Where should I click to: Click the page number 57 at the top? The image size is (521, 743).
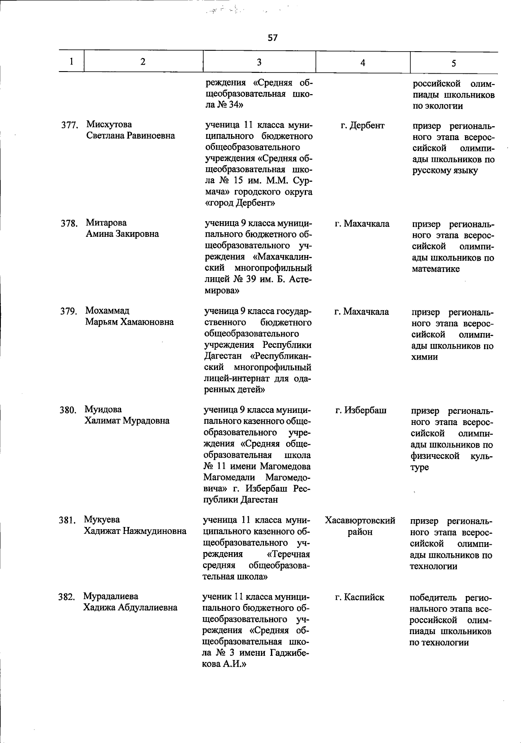click(x=272, y=38)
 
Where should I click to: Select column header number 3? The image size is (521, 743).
click(x=259, y=62)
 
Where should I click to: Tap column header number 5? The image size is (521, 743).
click(x=453, y=63)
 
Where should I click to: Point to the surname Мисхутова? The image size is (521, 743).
click(x=109, y=125)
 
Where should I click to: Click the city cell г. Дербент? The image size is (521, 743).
click(x=363, y=125)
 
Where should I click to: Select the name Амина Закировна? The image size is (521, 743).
click(x=122, y=234)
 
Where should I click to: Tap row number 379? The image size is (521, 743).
click(x=68, y=311)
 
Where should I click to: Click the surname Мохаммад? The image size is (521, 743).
click(x=107, y=311)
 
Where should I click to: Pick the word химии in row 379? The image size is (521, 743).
click(x=425, y=357)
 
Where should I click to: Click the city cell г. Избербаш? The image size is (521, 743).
click(x=361, y=410)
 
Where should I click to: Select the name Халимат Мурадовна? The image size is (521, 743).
click(x=127, y=421)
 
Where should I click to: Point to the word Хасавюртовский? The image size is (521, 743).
click(x=360, y=520)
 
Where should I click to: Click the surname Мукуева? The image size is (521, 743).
click(x=102, y=520)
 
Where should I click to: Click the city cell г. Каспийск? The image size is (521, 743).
click(x=359, y=597)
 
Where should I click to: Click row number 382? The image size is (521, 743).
click(x=67, y=597)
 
